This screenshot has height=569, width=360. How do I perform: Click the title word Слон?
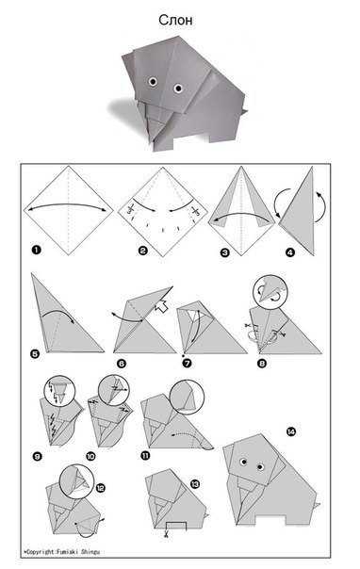point(175,20)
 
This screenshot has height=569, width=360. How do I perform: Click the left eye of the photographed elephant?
point(153,81)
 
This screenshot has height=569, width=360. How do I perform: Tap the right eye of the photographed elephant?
point(178,89)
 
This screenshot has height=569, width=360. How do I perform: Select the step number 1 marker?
point(36,250)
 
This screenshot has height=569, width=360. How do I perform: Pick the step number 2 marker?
point(143,251)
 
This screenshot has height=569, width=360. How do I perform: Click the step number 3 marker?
point(225,252)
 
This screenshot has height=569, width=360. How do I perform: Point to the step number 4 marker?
point(289,252)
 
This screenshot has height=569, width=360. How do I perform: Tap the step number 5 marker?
point(35,353)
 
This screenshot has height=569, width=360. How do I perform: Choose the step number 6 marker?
point(122,364)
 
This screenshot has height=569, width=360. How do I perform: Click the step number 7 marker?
point(188,363)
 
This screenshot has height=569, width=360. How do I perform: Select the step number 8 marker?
point(262,363)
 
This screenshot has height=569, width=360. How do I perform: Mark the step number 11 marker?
point(145,455)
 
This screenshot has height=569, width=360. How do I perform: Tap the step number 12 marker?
point(100,488)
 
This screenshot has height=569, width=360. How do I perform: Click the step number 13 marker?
point(195,483)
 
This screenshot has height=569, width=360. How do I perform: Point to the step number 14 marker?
point(290,431)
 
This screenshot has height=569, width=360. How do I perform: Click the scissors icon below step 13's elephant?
point(167,533)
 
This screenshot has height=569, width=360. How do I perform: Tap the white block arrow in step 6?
point(160,307)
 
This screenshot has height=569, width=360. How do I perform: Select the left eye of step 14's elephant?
point(243,462)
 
